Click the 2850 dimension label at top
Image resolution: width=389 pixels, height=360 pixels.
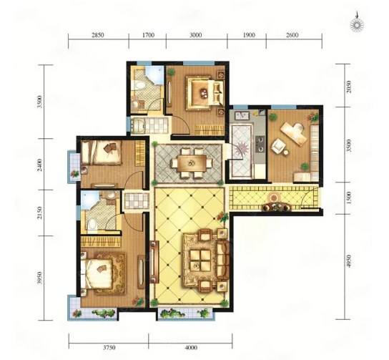click(x=98, y=35)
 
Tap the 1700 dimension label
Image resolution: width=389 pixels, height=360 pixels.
click(x=148, y=35)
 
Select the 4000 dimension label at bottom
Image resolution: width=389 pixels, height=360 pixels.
click(x=191, y=347)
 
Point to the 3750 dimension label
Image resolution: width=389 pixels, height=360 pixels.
click(x=109, y=347)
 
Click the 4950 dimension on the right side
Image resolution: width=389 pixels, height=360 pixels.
click(x=349, y=261)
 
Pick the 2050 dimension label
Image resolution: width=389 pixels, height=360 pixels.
click(x=349, y=87)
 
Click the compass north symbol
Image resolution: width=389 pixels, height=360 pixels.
click(x=357, y=24)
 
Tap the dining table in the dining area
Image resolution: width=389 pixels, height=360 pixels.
click(x=192, y=163)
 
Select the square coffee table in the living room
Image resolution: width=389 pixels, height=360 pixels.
click(x=200, y=260)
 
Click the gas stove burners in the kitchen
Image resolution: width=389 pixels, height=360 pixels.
click(x=260, y=144)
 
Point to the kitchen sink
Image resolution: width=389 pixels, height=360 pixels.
click(x=241, y=115)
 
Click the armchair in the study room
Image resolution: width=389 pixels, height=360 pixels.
click(x=278, y=146)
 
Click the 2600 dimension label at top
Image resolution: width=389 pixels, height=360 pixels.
click(x=292, y=35)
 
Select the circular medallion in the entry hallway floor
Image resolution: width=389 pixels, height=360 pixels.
click(x=273, y=198)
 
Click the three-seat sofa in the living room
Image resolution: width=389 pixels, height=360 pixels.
click(x=223, y=260)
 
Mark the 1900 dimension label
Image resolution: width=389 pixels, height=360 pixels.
click(x=249, y=35)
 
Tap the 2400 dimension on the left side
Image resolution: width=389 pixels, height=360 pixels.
click(x=39, y=165)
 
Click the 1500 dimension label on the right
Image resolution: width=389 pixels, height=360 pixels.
click(x=349, y=198)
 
